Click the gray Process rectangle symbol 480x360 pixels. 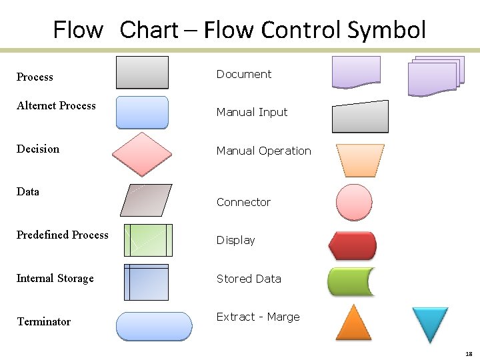(142, 73)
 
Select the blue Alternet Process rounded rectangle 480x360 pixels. (142, 112)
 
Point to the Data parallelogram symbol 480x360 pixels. (146, 200)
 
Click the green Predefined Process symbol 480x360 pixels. (148, 240)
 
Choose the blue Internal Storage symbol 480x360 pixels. (146, 282)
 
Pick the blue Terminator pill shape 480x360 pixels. (154, 326)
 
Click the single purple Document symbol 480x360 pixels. (356, 72)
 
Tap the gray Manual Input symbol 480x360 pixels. (360, 117)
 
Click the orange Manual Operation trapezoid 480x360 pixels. (360, 161)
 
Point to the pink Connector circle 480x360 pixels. (354, 202)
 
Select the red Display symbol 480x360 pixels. (353, 245)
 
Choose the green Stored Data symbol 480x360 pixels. (351, 282)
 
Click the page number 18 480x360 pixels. (469, 353)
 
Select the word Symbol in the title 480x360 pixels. (387, 30)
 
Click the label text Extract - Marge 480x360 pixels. (258, 317)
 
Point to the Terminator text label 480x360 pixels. (43, 321)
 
